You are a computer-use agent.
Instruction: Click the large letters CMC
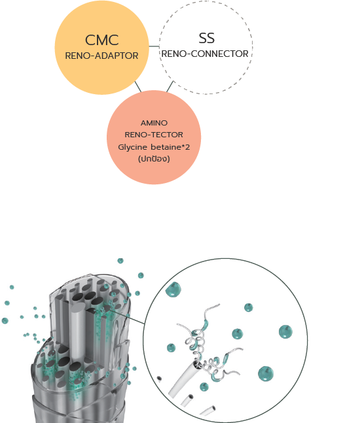(x=102, y=40)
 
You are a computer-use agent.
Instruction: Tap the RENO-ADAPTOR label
(x=101, y=56)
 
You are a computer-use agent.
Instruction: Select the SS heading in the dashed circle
(x=207, y=38)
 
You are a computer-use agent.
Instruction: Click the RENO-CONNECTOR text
(x=205, y=54)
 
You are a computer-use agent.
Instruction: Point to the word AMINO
(x=154, y=123)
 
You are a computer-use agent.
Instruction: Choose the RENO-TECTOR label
(x=154, y=135)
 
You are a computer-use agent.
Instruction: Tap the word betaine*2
(x=170, y=147)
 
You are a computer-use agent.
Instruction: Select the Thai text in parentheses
(x=154, y=159)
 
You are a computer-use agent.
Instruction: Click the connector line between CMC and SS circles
(x=154, y=46)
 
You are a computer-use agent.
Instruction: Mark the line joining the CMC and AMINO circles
(x=138, y=86)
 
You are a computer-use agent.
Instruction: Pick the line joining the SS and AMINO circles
(x=170, y=86)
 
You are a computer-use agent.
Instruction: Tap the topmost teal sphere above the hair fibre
(x=120, y=261)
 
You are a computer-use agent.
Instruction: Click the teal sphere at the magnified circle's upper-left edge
(x=173, y=290)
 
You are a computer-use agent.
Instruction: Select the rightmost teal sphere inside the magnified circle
(x=285, y=331)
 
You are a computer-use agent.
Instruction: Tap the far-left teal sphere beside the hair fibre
(x=5, y=320)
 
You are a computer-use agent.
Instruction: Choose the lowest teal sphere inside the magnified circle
(x=204, y=386)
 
